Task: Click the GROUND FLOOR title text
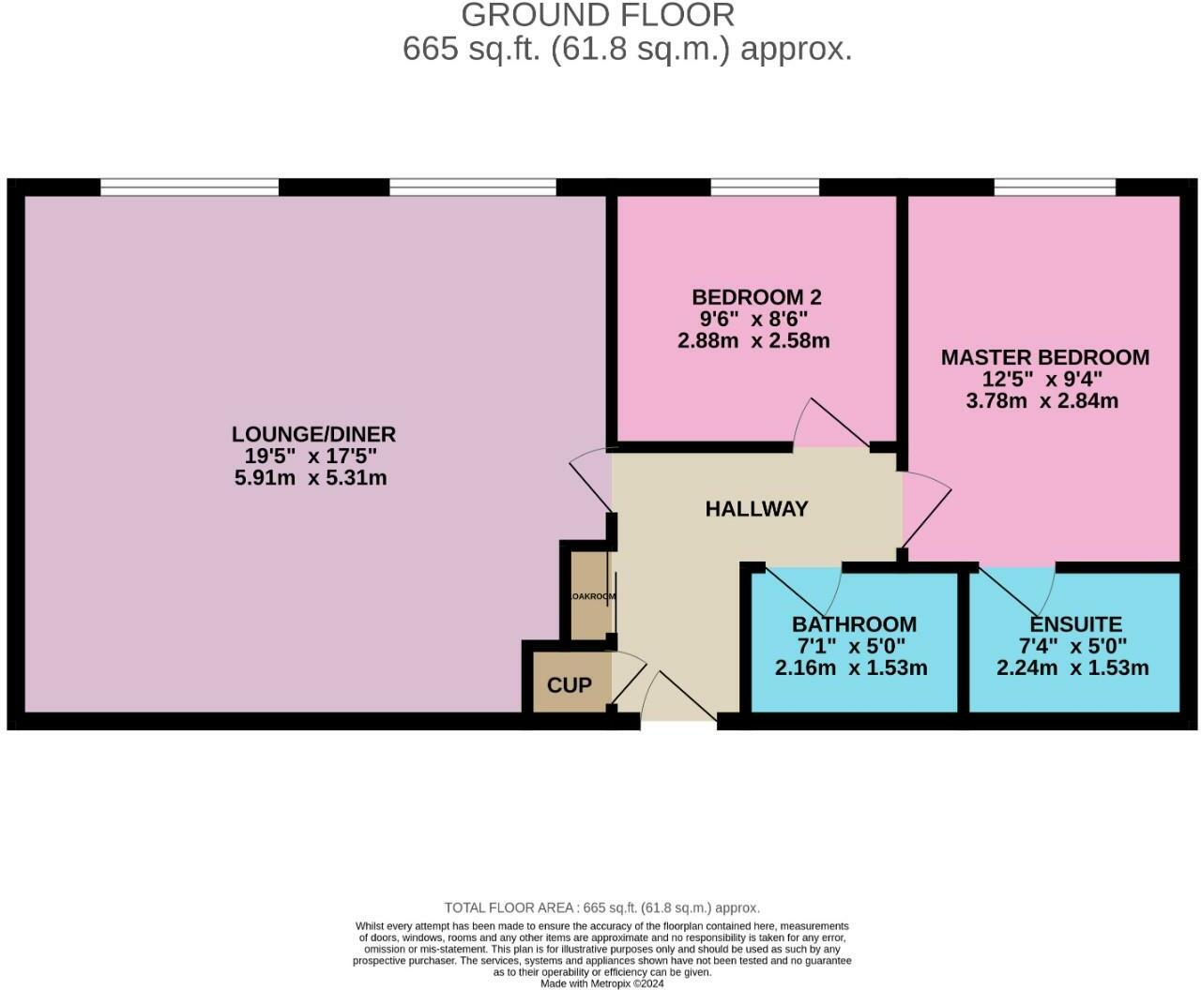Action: coord(598,15)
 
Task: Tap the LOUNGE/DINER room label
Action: coord(313,434)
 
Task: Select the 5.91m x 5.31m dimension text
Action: coord(311,478)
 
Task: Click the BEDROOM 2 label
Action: coord(756,297)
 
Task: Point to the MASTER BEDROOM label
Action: coord(1044,357)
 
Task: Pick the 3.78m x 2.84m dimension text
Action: coord(1041,401)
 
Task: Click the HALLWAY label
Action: coord(756,509)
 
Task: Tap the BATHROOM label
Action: coord(854,624)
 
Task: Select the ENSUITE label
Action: coord(1075,624)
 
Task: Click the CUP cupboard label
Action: coord(569,685)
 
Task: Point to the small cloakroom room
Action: coord(590,596)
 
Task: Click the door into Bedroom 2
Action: coord(829,423)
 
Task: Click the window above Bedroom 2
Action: coord(765,187)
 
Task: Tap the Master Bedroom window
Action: coord(1055,187)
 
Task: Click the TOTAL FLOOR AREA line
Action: coord(601,907)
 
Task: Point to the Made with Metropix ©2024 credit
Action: coord(601,983)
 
